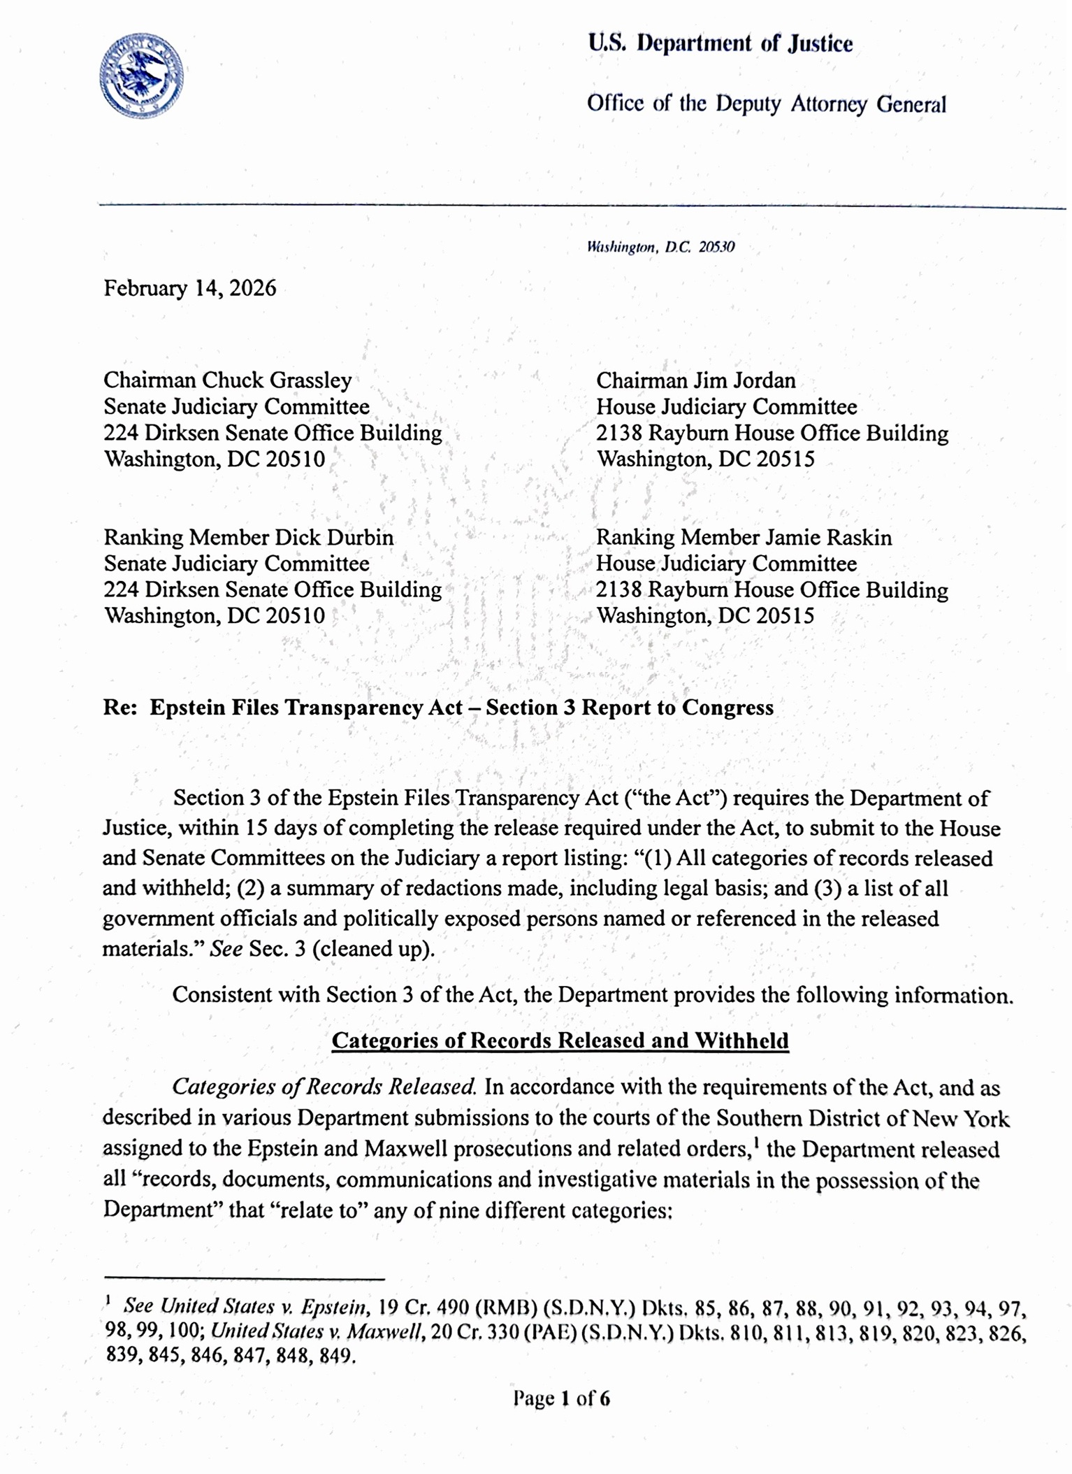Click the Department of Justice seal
(141, 76)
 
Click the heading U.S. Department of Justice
(720, 43)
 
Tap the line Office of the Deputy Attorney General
(766, 104)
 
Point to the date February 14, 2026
(189, 288)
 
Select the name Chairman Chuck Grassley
(227, 380)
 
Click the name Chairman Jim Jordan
(695, 380)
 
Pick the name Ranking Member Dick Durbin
(248, 537)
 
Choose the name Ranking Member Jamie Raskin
(744, 537)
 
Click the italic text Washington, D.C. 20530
(660, 247)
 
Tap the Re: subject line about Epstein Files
(438, 708)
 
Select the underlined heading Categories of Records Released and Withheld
(560, 1040)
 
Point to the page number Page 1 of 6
(561, 1398)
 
